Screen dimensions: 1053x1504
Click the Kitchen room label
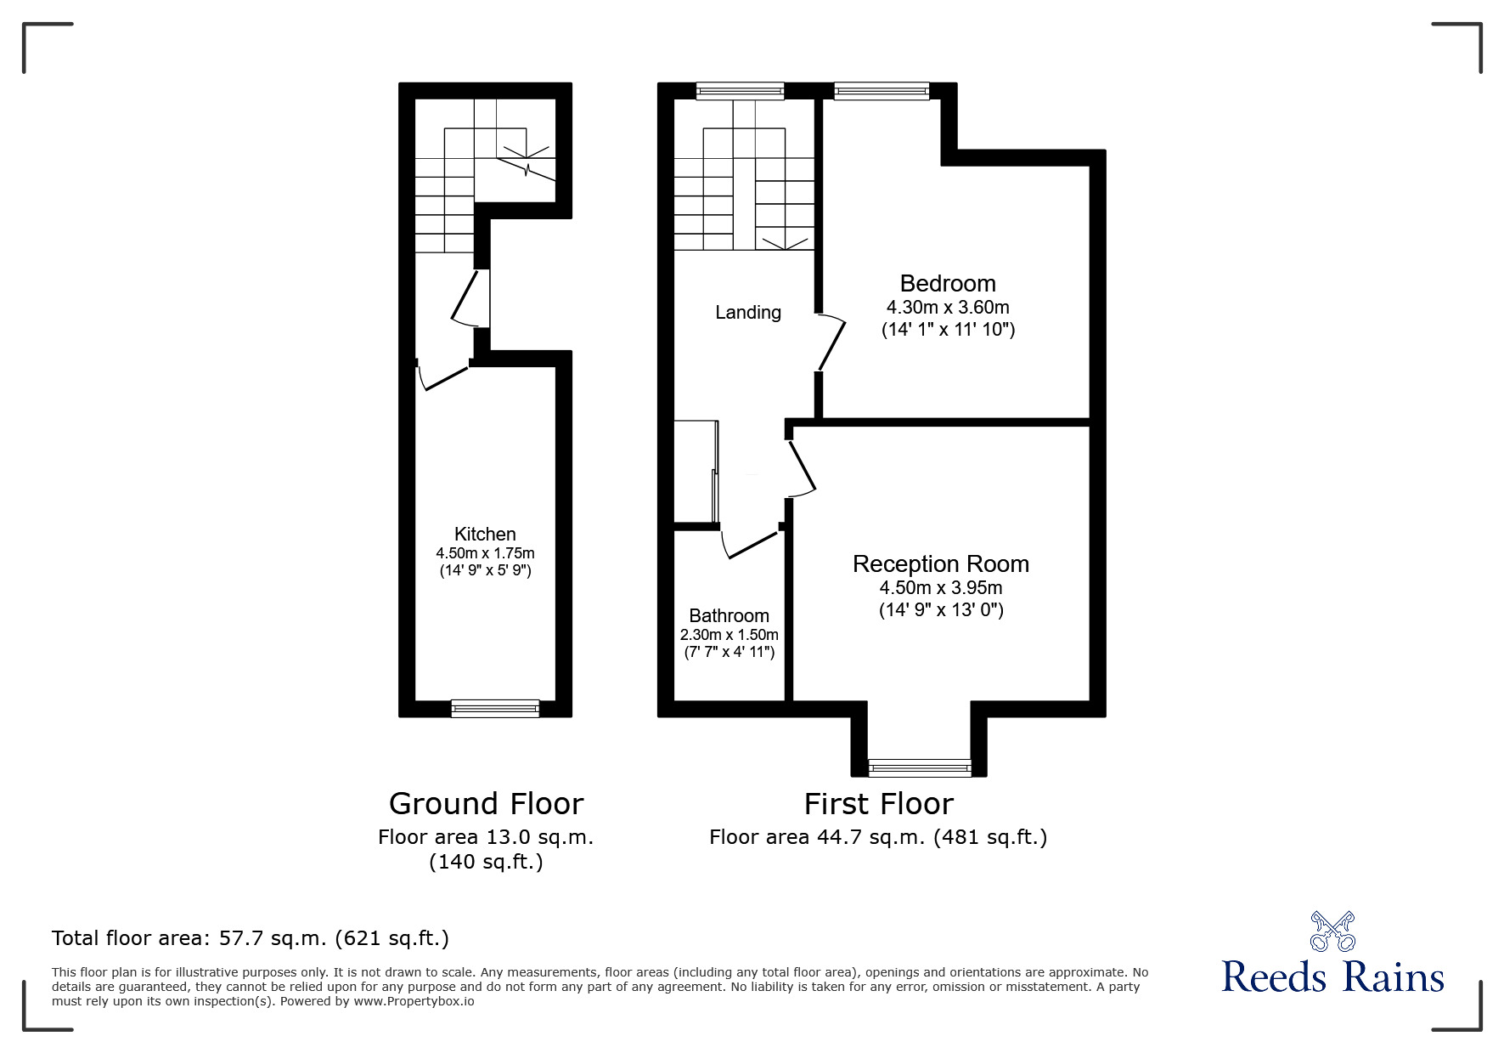click(x=485, y=534)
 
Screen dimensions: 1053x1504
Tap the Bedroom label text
click(x=948, y=283)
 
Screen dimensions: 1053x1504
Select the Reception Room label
click(x=940, y=563)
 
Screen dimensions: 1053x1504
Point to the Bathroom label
click(x=729, y=615)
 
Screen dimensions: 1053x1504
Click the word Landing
click(x=747, y=312)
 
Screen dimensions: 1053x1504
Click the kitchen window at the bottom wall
click(x=495, y=708)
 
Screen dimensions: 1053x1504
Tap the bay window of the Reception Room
click(x=919, y=767)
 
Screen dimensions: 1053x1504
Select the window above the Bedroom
click(x=882, y=90)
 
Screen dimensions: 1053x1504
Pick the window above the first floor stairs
click(x=740, y=90)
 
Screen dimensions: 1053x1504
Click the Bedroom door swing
click(x=832, y=344)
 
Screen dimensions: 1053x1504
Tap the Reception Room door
click(x=802, y=468)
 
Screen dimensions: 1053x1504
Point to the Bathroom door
click(x=750, y=544)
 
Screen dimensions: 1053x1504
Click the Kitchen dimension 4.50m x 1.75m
click(x=485, y=553)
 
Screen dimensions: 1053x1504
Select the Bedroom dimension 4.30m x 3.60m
click(x=948, y=308)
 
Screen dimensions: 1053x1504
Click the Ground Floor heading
click(x=486, y=803)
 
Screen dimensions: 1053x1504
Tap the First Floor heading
click(x=878, y=803)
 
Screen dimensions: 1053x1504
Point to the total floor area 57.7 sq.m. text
click(x=251, y=938)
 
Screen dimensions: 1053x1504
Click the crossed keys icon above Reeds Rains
click(x=1332, y=931)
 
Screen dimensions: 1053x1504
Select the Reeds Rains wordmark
click(x=1332, y=977)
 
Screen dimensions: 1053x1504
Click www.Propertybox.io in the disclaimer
click(x=414, y=1001)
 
